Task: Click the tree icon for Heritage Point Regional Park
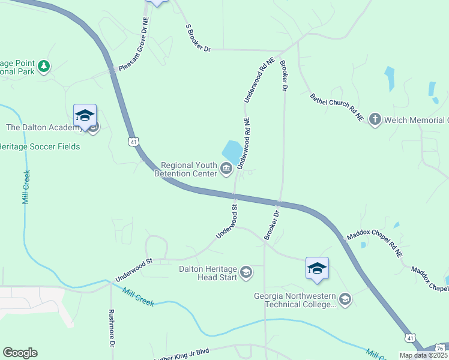(x=43, y=66)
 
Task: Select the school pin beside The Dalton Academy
(x=85, y=115)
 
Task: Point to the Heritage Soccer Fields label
(x=40, y=146)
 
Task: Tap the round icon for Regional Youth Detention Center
(x=226, y=169)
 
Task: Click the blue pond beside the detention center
(x=232, y=150)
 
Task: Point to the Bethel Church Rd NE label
(x=337, y=108)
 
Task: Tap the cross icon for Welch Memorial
(x=375, y=119)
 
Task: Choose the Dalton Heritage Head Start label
(x=208, y=273)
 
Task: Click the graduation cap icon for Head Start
(x=246, y=273)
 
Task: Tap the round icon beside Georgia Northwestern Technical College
(x=345, y=299)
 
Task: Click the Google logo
(x=20, y=353)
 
